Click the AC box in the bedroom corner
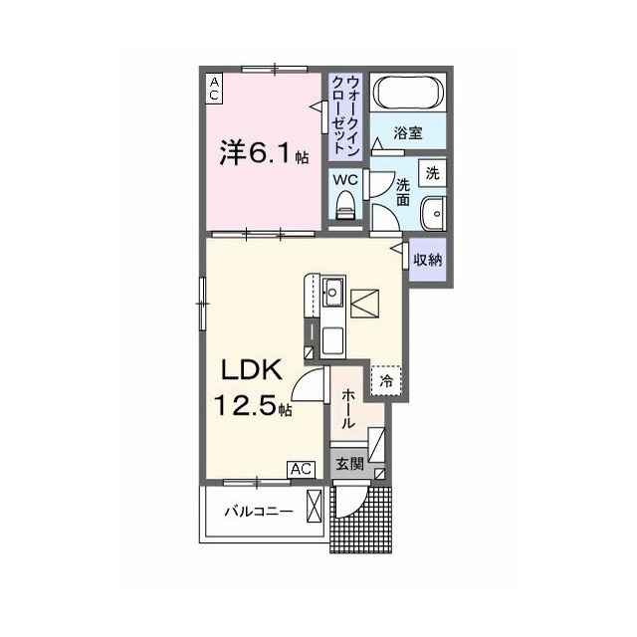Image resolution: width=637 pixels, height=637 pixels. pos(214,88)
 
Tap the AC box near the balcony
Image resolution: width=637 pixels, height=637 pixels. pos(302,469)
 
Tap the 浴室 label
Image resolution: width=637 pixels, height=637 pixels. pos(407,131)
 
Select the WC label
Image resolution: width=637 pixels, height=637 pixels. pos(345,180)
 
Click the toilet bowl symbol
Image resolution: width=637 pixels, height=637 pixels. pos(346,206)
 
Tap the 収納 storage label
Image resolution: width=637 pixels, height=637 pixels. pos(429,260)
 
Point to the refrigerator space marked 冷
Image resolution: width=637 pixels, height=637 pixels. pos(385,379)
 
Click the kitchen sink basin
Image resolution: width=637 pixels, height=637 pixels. pos(332,293)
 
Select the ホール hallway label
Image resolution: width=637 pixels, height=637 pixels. pos(347,408)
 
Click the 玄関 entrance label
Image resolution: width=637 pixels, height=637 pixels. pos(348,463)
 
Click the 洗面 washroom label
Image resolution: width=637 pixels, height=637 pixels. pos(403,191)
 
